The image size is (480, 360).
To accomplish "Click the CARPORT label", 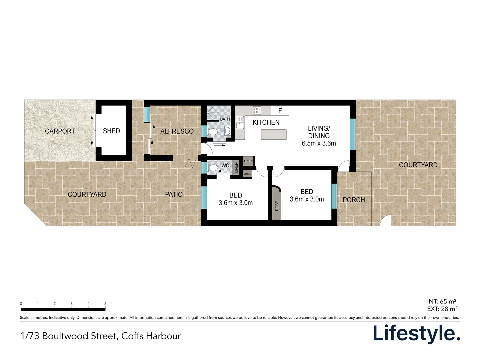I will click(60, 131).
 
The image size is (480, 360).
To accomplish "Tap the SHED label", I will click(111, 131).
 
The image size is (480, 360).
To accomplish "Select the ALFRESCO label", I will click(177, 131).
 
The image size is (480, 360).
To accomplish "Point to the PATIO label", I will click(174, 194).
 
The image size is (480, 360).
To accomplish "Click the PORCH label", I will click(354, 200).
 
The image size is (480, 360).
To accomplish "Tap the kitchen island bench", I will click(274, 134).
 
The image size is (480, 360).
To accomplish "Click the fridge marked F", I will click(280, 111).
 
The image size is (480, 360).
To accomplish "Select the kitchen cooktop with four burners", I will click(257, 110).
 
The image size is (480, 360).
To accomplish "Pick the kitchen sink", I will click(240, 122).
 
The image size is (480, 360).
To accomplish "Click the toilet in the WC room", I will click(213, 167).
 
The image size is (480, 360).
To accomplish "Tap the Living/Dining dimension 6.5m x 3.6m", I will click(319, 144).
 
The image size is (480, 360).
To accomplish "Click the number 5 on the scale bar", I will click(105, 304).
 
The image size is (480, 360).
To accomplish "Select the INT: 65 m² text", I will click(441, 302).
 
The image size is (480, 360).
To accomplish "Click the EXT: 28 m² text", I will click(442, 309).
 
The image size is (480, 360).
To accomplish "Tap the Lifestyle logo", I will click(416, 333).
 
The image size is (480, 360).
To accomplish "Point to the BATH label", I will click(225, 119).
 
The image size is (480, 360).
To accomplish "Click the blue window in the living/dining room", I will click(353, 134).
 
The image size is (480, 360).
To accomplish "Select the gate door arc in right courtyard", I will click(386, 221).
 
